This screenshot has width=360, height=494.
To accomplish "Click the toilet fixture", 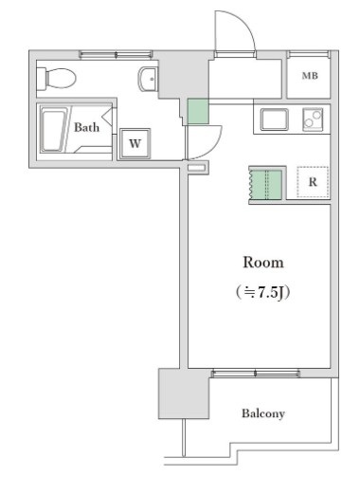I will (x=59, y=78).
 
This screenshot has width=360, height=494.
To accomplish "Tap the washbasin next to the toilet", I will (x=147, y=79).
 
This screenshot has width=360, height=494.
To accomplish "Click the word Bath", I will (x=87, y=126).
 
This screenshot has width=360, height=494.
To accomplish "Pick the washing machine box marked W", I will (x=135, y=143).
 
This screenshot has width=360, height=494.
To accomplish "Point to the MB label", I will (x=309, y=77).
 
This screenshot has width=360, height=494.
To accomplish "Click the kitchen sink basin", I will (x=276, y=119).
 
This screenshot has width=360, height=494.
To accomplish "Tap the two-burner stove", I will (x=312, y=119).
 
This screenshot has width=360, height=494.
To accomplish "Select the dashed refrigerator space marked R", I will (x=311, y=181).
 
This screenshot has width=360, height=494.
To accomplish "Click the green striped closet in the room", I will (x=265, y=184).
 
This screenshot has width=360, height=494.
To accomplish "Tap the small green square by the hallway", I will (x=197, y=111).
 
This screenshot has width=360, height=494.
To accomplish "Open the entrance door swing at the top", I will (x=233, y=36).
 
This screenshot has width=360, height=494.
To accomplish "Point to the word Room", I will (x=262, y=262).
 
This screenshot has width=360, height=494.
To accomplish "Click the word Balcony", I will (x=262, y=413).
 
